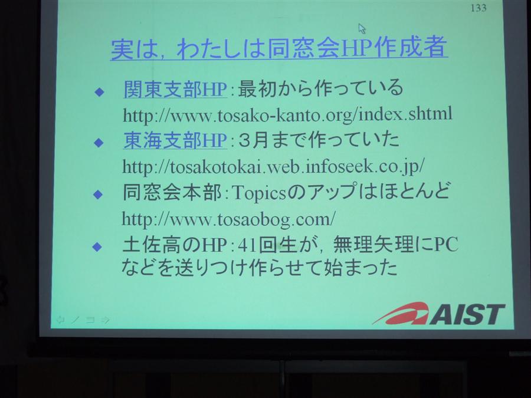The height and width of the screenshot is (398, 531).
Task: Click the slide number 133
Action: [478, 8]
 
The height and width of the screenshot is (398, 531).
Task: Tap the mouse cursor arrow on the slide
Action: [362, 29]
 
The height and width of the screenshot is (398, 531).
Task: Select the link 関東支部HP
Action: [175, 90]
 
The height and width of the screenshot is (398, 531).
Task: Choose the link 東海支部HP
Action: [175, 140]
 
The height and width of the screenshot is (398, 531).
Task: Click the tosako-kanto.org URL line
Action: [287, 114]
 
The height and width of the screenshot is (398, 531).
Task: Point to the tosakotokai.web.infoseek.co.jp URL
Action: [273, 166]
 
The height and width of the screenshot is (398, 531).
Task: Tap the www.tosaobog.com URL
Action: [228, 219]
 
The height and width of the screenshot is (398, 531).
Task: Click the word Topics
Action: [259, 193]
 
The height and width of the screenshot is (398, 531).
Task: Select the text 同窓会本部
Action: [172, 192]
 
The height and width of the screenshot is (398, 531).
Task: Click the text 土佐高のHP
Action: [175, 244]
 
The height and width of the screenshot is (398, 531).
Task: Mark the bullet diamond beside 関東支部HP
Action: [99, 92]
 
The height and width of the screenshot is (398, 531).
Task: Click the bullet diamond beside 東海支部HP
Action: [99, 143]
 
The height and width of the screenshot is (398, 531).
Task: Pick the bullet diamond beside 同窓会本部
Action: [98, 194]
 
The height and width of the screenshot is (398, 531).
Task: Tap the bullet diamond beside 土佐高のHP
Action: [97, 246]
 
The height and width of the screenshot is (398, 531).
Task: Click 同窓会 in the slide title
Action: [303, 48]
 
